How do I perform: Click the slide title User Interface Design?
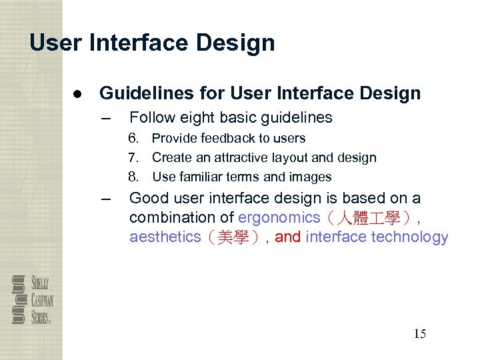[152, 43]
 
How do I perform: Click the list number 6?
[134, 139]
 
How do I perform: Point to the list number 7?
[134, 158]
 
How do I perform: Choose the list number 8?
[134, 177]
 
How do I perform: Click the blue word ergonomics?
[279, 217]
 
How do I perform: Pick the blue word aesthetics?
[165, 237]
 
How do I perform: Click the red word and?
[287, 237]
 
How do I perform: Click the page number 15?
[419, 334]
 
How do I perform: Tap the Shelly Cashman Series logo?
[32, 299]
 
